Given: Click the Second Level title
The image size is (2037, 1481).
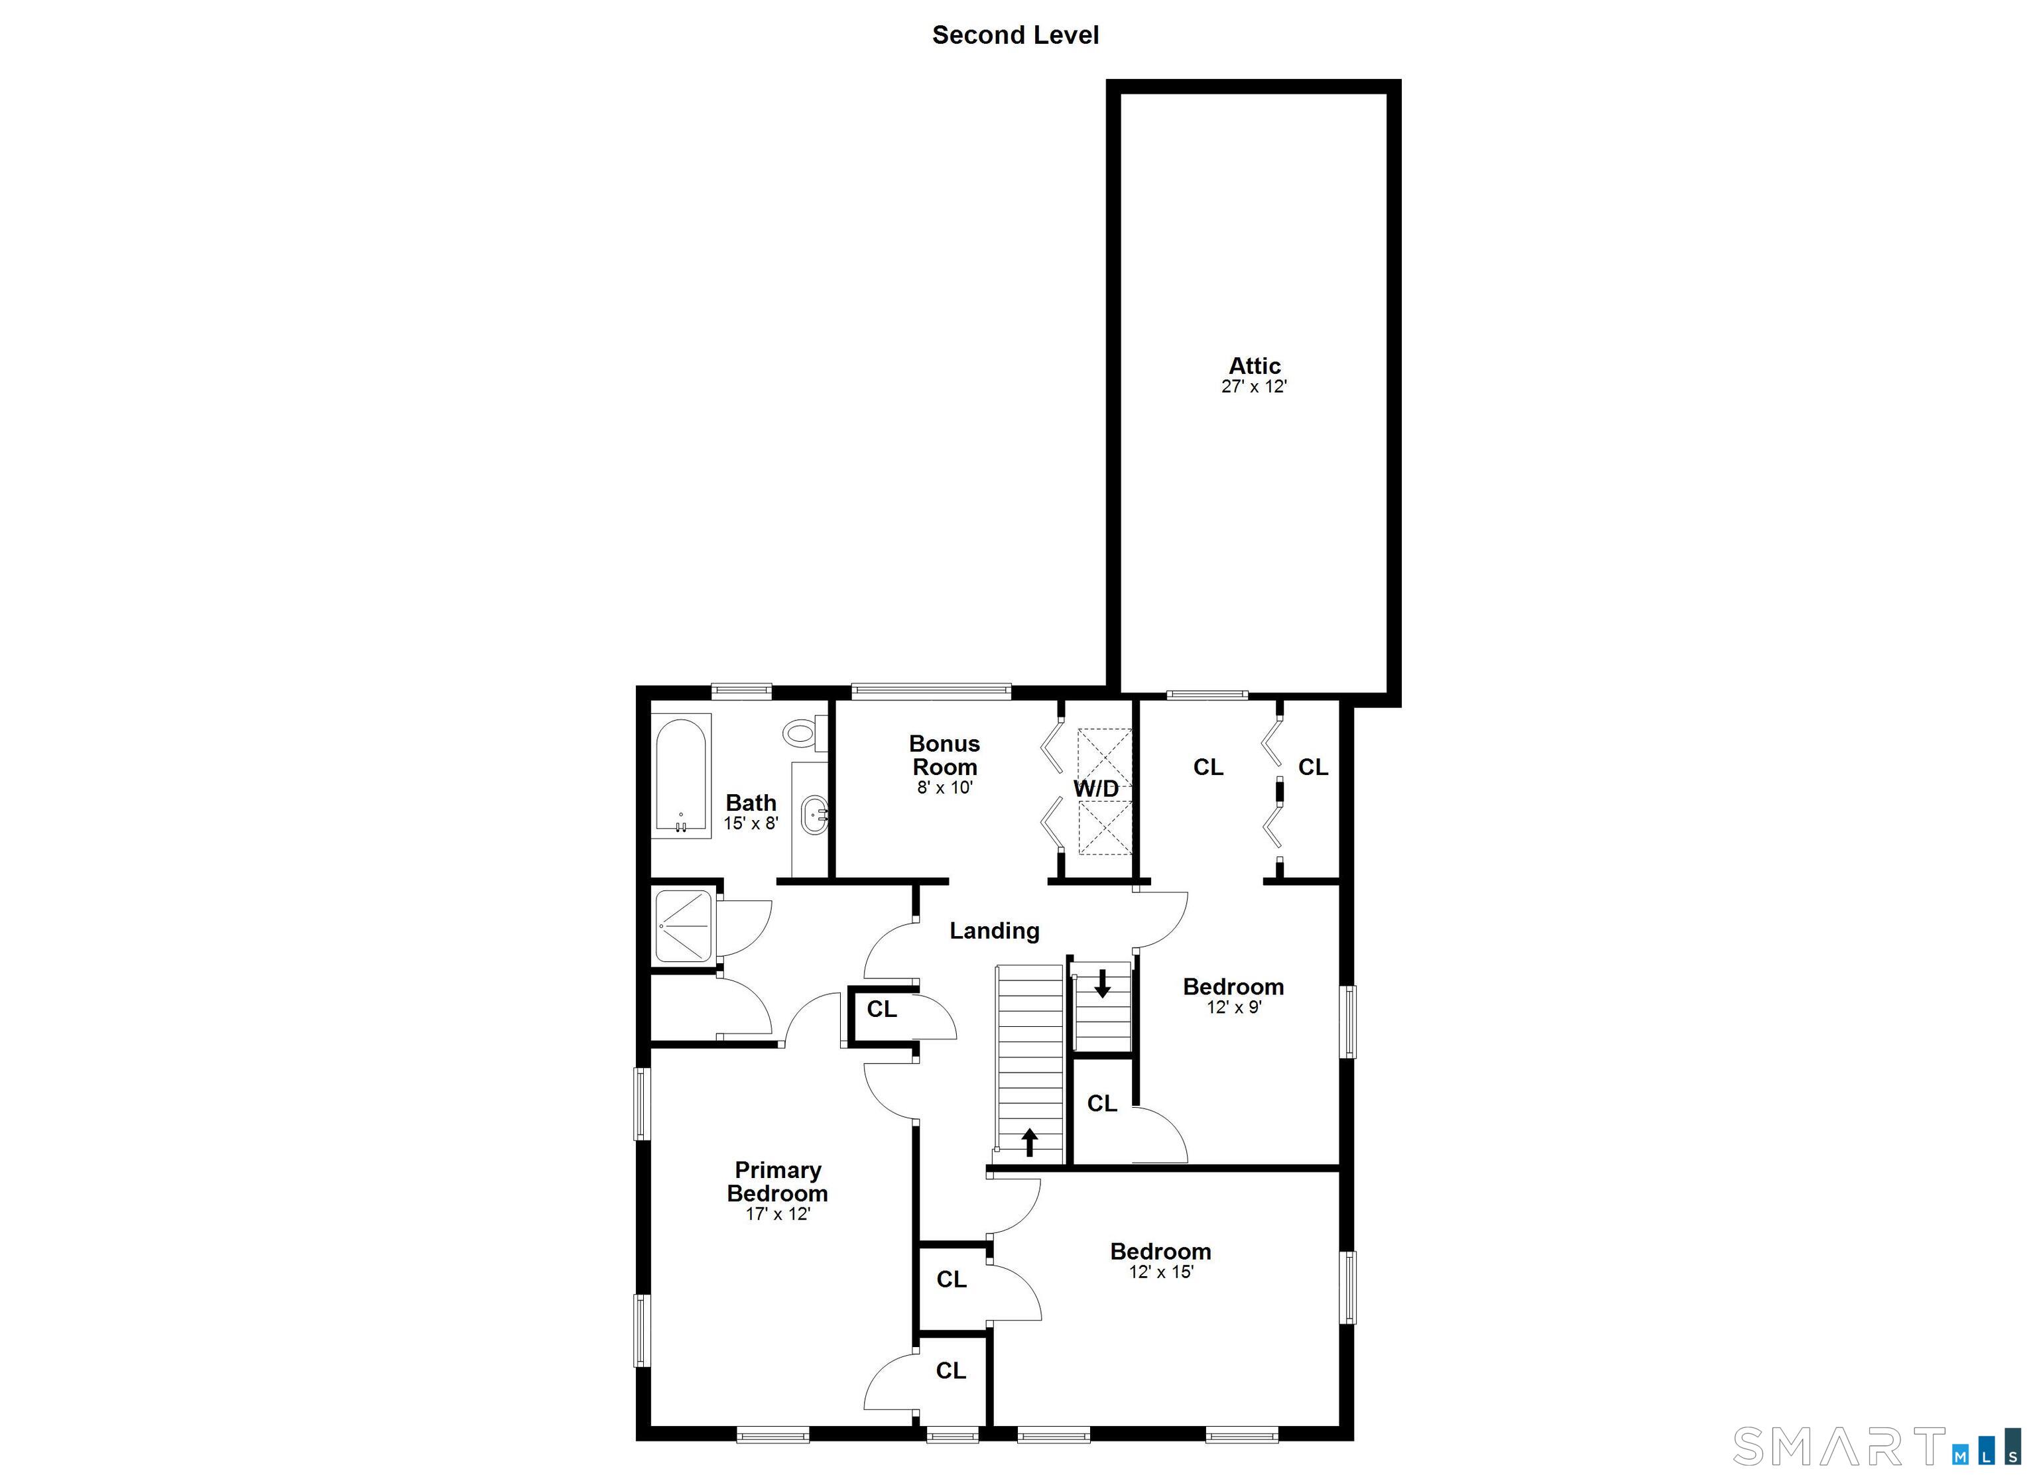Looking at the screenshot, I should pos(1015,35).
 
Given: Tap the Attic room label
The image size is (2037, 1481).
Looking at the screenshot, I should pos(1254,365).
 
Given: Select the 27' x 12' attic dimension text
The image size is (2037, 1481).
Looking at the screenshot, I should pos(1254,387).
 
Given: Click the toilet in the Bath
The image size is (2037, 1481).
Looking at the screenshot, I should pos(802,733).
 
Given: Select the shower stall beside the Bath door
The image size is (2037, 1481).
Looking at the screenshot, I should pos(684,925).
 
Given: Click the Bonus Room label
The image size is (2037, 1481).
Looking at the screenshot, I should pos(944,755).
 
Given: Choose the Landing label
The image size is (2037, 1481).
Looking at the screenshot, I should pos(994,931).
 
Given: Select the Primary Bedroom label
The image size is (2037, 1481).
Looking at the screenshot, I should pos(777,1181).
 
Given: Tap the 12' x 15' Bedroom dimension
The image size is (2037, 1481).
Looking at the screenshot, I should pos(1160,1272).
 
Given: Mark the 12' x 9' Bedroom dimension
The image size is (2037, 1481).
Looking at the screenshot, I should pos(1233,1008).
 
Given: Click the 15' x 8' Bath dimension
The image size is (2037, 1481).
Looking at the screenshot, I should pos(751,823).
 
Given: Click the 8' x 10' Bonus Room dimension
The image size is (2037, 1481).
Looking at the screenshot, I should pos(945,788).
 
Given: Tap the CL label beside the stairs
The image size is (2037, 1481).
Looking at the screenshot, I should pos(1102,1104).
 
